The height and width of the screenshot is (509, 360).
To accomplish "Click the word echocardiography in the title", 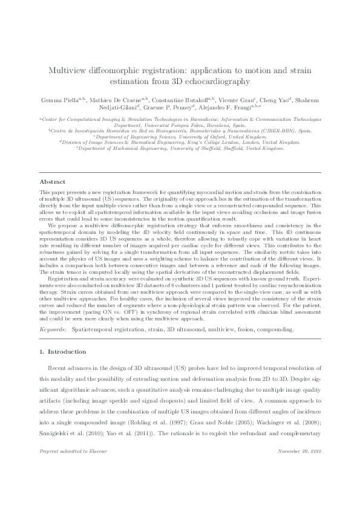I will [x=215, y=80].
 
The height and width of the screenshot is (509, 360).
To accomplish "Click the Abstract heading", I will [x=53, y=181].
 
